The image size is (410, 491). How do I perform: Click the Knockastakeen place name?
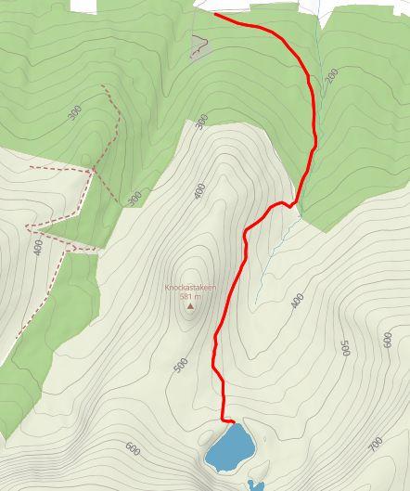click(190, 288)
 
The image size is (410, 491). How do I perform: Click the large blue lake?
click(229, 447)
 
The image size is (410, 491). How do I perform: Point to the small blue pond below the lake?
click(255, 485)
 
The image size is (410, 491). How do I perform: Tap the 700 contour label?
click(375, 445)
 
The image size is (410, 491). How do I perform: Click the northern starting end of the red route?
click(216, 14)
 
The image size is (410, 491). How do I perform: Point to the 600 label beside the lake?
click(133, 449)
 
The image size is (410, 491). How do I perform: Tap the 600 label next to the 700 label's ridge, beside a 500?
click(387, 340)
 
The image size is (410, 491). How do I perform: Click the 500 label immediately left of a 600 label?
click(345, 348)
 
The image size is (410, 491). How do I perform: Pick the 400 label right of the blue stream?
click(297, 301)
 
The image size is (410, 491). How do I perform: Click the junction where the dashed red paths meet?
click(93, 170)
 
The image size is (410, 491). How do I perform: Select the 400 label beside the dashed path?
click(38, 249)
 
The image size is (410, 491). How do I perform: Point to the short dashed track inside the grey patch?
click(199, 49)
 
